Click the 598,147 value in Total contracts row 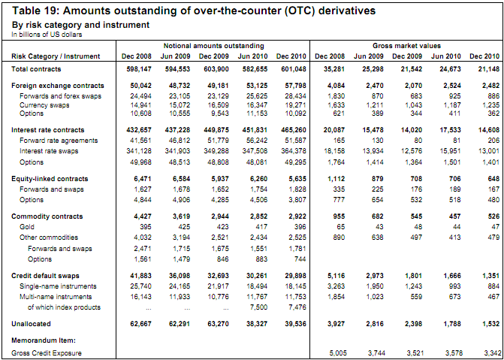[136, 69]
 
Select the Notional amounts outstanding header [213, 47]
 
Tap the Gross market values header [407, 47]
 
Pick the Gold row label [28, 225]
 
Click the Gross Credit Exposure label [47, 352]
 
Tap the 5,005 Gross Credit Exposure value [331, 352]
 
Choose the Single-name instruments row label [54, 286]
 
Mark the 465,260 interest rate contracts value [291, 129]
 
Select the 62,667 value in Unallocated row [136, 323]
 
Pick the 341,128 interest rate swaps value [136, 150]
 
